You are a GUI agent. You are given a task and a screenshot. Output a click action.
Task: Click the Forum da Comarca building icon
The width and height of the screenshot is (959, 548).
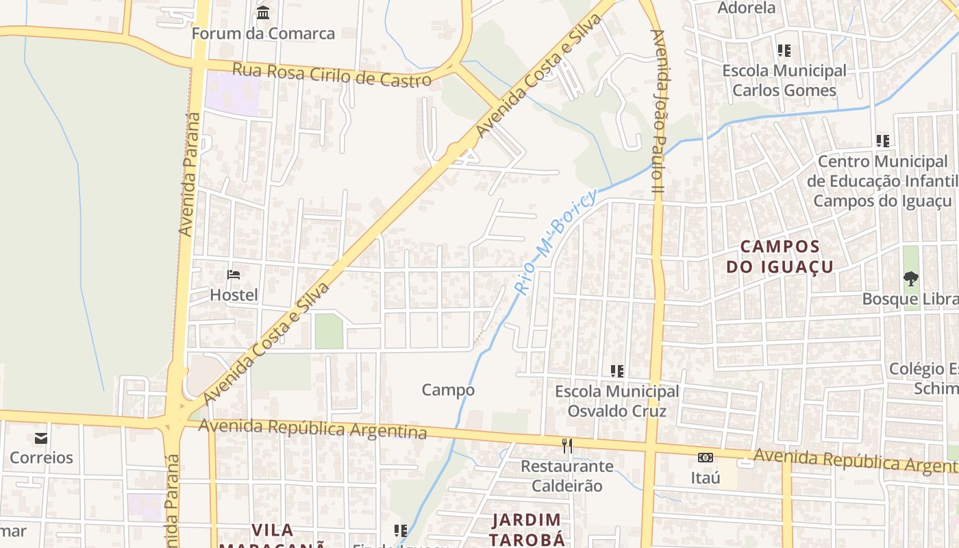263,12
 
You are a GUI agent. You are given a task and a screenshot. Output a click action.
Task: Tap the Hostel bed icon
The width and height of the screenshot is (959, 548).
234,275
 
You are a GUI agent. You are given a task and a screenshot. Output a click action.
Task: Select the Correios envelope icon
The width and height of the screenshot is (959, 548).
41,438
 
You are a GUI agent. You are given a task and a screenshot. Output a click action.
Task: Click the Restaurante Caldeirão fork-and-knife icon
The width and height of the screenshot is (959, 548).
566,446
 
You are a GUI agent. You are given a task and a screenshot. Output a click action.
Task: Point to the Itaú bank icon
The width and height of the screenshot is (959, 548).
705,457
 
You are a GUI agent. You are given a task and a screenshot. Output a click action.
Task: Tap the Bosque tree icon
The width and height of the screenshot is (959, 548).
910,279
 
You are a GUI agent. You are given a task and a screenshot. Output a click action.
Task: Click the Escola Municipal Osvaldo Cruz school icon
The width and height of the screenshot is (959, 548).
616,371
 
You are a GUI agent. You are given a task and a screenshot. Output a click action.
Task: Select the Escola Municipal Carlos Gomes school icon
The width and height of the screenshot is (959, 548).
784,51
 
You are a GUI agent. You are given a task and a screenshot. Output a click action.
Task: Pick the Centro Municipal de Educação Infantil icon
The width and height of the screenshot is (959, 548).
882,141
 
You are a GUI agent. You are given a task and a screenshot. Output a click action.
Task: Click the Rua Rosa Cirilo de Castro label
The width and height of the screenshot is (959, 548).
332,74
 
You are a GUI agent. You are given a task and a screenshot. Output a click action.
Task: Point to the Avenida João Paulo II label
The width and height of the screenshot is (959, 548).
658,110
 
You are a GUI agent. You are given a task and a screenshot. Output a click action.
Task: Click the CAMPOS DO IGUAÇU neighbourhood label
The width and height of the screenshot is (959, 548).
780,256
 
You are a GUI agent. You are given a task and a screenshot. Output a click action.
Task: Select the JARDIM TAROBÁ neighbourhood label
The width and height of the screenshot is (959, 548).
527,529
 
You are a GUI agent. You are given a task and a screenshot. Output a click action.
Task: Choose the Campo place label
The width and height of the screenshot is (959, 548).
448,390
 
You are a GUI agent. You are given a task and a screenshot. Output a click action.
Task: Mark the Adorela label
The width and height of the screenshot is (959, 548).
746,8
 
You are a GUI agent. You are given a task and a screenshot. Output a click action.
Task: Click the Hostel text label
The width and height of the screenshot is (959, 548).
234,295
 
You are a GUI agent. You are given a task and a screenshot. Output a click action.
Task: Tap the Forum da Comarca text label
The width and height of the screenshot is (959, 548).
263,33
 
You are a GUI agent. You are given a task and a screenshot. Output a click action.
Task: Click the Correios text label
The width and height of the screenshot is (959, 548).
41,458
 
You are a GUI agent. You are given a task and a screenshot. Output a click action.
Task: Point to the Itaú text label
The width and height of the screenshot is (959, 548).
705,477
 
